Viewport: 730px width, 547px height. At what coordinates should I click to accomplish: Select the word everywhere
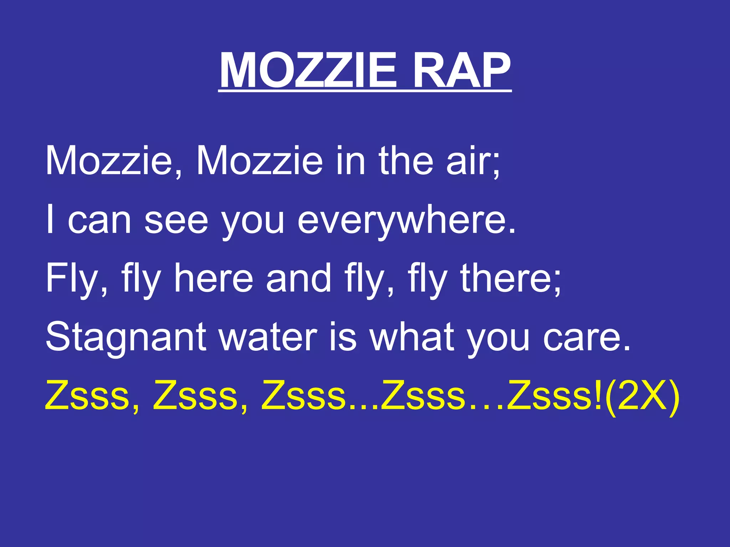tap(406, 220)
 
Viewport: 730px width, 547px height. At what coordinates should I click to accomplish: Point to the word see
tap(176, 220)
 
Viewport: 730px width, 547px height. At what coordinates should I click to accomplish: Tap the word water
tap(268, 337)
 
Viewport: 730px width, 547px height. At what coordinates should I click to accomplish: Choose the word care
tap(586, 337)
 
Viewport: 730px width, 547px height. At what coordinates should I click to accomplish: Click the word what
tap(412, 337)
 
